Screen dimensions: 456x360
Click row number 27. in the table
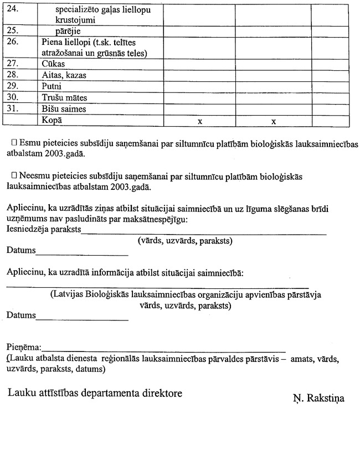(12, 65)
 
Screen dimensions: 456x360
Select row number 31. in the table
(12, 109)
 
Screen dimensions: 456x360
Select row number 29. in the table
(12, 87)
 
